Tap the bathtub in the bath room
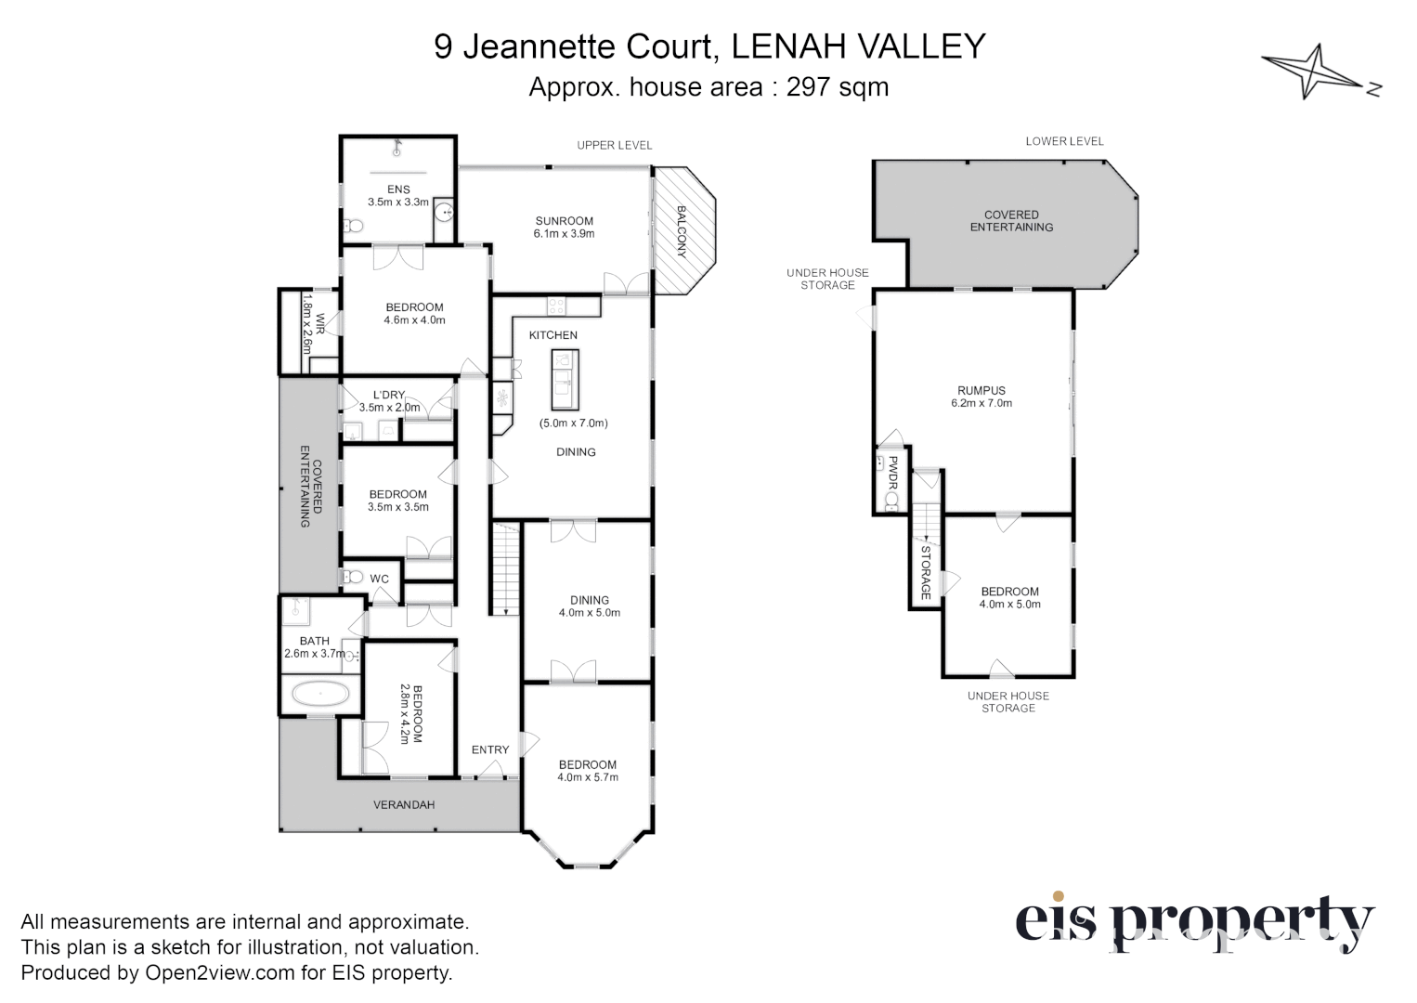(x=320, y=694)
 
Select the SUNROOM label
(x=564, y=221)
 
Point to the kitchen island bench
(x=565, y=380)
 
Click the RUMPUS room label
(x=981, y=391)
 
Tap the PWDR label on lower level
(x=892, y=473)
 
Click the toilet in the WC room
(x=352, y=577)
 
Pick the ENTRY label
(x=490, y=749)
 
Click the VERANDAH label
(x=404, y=804)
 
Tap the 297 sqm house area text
(x=837, y=87)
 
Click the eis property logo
(x=1194, y=922)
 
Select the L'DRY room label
(x=389, y=395)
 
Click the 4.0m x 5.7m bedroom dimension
(x=588, y=777)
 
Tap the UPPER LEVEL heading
(x=614, y=145)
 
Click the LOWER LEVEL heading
(x=1064, y=141)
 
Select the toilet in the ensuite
(x=353, y=226)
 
